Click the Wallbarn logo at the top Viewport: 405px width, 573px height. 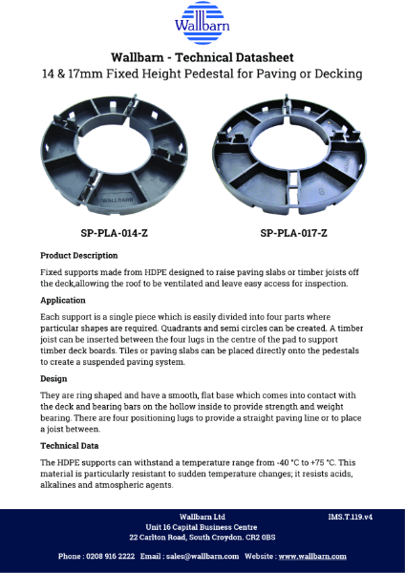202,22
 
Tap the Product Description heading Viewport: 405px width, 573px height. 79,256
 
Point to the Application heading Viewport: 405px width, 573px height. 64,299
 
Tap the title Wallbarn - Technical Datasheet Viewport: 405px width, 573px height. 202,57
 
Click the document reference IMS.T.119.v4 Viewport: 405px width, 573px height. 350,516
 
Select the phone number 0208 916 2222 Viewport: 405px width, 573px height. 110,556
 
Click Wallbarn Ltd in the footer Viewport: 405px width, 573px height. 202,516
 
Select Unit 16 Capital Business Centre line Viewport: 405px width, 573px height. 202,526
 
